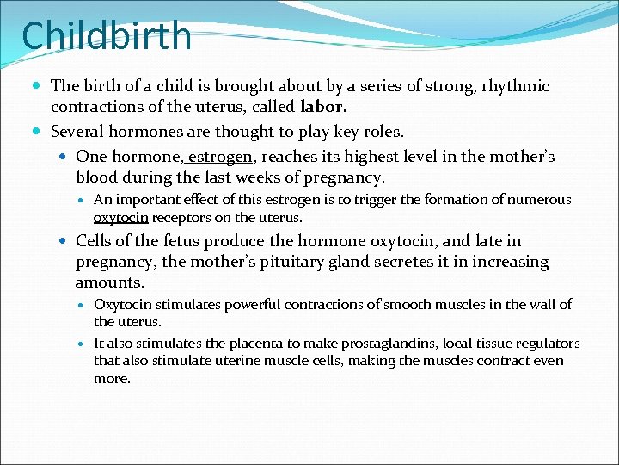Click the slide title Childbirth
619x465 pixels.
(107, 37)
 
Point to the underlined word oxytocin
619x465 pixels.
(121, 218)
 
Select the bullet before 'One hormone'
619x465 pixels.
(64, 157)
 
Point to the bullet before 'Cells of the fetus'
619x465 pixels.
(64, 242)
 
